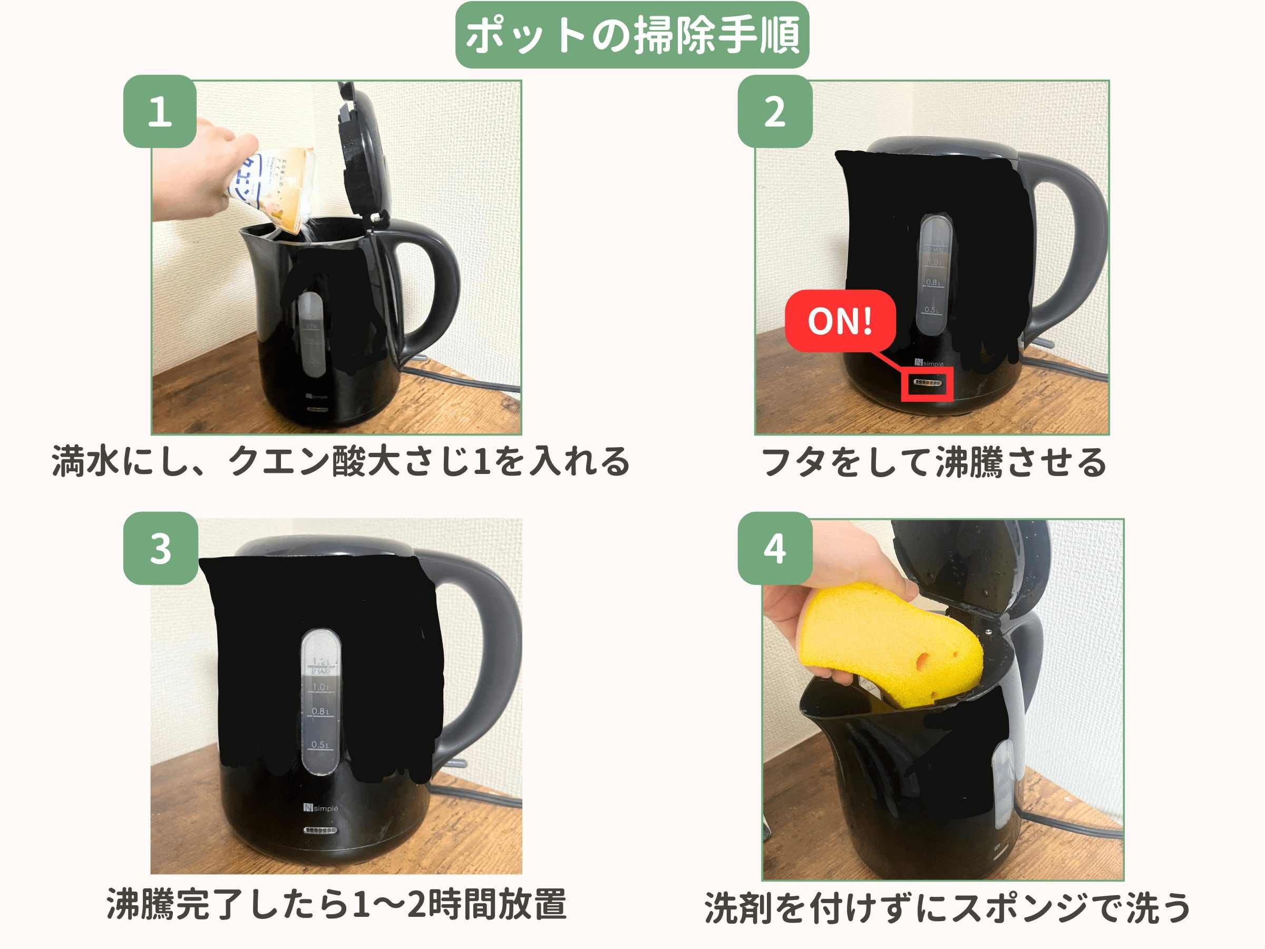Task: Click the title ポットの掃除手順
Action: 632,35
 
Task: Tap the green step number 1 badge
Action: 160,112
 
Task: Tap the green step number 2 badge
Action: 774,112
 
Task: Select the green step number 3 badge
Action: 160,548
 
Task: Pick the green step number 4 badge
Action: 774,548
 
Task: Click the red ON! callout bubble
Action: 840,321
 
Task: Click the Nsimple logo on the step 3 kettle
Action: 321,808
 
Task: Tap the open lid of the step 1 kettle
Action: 363,154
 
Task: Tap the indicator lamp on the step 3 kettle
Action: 321,829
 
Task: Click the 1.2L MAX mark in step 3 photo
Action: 320,666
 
